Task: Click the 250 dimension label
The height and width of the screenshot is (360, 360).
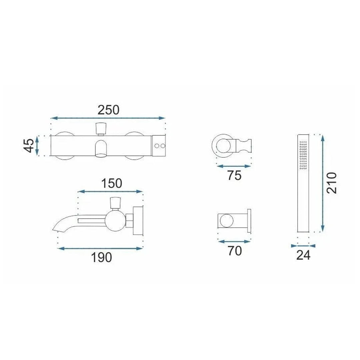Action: click(108, 110)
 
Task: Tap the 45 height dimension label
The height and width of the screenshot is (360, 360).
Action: click(29, 145)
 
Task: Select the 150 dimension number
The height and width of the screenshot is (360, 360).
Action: click(112, 183)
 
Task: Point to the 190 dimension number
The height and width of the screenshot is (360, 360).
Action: click(101, 257)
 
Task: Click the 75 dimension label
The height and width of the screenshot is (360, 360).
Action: click(234, 176)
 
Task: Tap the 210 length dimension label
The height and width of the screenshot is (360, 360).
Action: click(332, 183)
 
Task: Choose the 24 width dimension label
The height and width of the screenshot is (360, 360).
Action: click(303, 255)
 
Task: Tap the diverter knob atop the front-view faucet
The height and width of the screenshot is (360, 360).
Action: click(101, 129)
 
